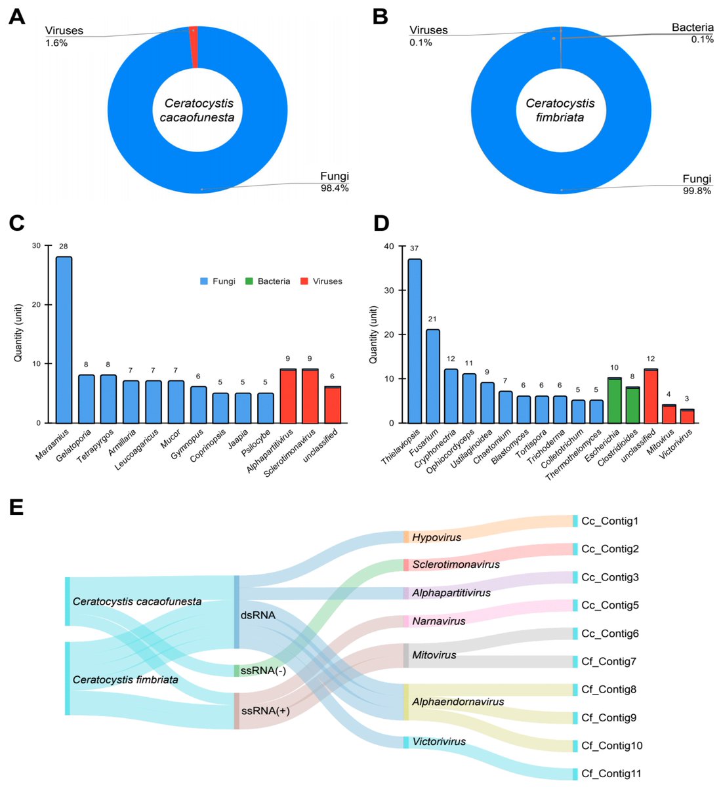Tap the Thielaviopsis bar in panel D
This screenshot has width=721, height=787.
[x=415, y=341]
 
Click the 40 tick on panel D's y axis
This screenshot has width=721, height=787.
[x=389, y=247]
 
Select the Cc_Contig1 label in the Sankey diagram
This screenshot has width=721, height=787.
[x=609, y=521]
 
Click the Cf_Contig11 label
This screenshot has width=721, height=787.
[x=611, y=774]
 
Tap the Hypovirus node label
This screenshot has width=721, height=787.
[x=436, y=537]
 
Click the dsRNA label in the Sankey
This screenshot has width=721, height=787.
[x=258, y=615]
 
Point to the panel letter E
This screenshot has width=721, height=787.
[x=16, y=507]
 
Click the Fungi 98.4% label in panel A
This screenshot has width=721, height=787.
[x=334, y=182]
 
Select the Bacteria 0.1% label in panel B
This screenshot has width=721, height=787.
[x=692, y=33]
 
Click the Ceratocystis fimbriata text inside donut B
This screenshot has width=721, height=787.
[x=560, y=110]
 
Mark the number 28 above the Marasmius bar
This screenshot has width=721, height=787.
[x=64, y=247]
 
